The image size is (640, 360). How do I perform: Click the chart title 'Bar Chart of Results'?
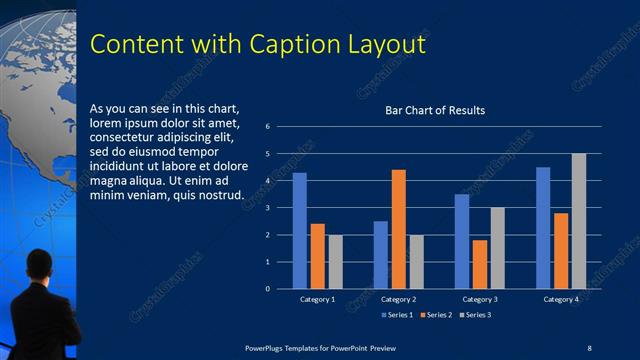(435, 110)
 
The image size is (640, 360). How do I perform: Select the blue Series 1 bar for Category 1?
(299, 230)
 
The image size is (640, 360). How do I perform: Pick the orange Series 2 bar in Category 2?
(398, 229)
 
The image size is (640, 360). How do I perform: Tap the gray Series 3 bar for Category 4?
(578, 221)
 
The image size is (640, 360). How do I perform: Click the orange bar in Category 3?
(480, 264)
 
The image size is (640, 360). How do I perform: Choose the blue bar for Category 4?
(543, 227)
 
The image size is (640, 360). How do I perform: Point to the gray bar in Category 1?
(335, 261)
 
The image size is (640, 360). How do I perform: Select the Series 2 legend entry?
(437, 315)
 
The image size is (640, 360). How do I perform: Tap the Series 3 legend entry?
(476, 315)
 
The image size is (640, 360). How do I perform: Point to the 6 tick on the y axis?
(268, 127)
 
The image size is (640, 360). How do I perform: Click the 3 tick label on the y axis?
(268, 208)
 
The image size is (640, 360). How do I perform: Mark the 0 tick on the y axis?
(268, 289)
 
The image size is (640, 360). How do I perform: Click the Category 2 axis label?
(398, 300)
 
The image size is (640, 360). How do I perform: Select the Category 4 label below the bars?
(561, 300)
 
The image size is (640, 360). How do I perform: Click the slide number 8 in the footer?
(588, 347)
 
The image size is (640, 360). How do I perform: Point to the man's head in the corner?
(39, 264)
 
